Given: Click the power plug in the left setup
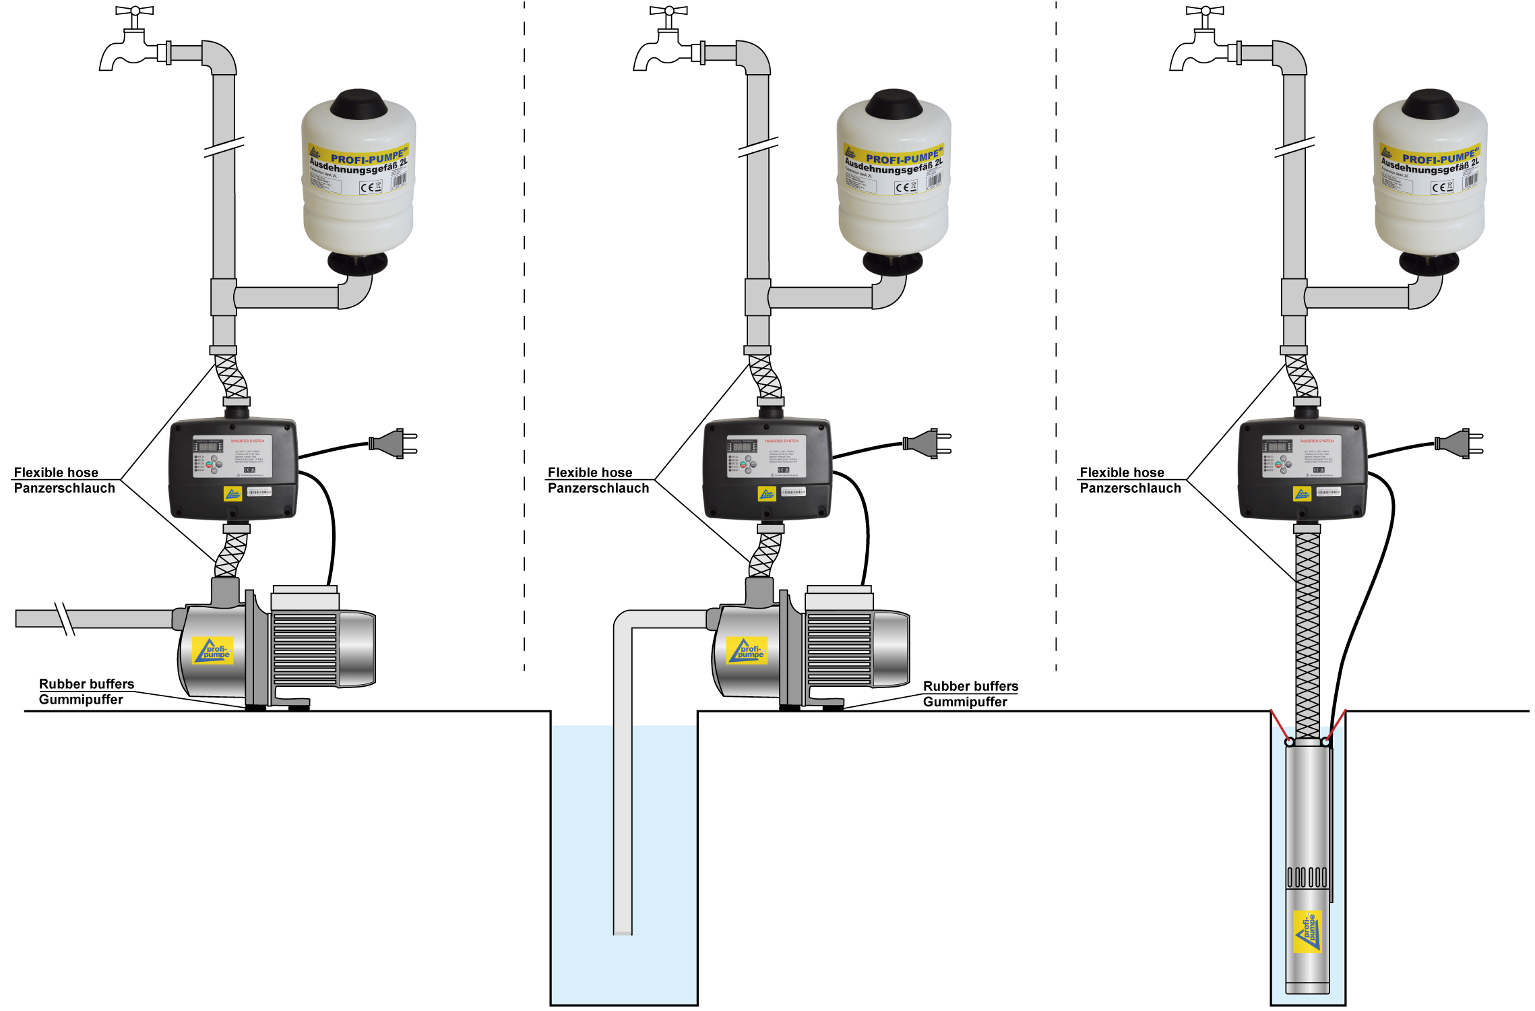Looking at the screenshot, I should [394, 443].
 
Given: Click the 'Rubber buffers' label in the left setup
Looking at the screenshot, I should [86, 684].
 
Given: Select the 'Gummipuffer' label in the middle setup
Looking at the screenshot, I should [965, 702].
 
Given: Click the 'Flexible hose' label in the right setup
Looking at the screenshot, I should [1121, 472].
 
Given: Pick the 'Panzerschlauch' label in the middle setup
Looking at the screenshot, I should [598, 488].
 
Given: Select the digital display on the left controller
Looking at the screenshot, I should [208, 447].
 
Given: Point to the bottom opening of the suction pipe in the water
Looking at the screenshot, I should [623, 932].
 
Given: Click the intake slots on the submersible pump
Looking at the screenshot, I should [1307, 877].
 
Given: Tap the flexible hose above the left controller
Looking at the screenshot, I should [231, 376].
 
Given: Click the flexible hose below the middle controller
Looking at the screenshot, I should [765, 554].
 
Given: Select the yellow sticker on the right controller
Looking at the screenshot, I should [1302, 494].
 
